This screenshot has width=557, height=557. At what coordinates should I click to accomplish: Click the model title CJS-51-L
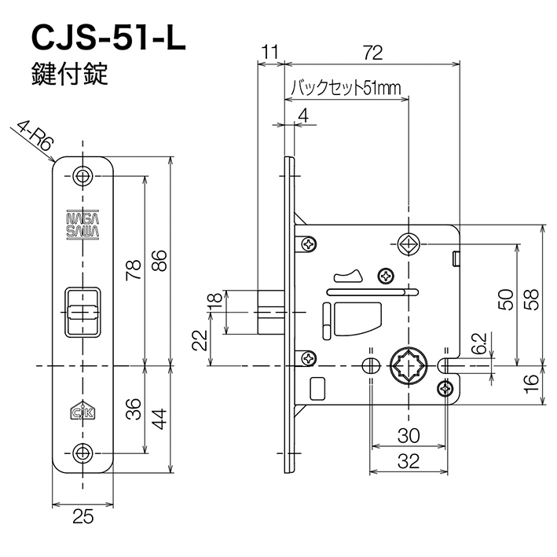tap(107, 38)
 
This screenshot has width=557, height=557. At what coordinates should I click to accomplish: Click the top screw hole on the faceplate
tap(83, 175)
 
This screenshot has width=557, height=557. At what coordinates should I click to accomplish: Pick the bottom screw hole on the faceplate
tap(83, 453)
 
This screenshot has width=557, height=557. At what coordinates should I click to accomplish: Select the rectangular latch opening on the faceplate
tap(83, 312)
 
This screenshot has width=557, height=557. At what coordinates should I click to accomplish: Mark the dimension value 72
tap(372, 53)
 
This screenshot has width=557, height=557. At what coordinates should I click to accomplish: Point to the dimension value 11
tap(270, 53)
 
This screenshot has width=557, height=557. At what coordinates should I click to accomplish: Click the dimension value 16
tap(531, 383)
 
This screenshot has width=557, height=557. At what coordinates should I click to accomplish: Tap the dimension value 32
tap(408, 462)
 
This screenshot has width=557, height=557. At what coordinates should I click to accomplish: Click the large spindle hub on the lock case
tap(408, 365)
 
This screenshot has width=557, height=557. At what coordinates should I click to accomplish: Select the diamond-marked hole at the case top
tap(408, 244)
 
